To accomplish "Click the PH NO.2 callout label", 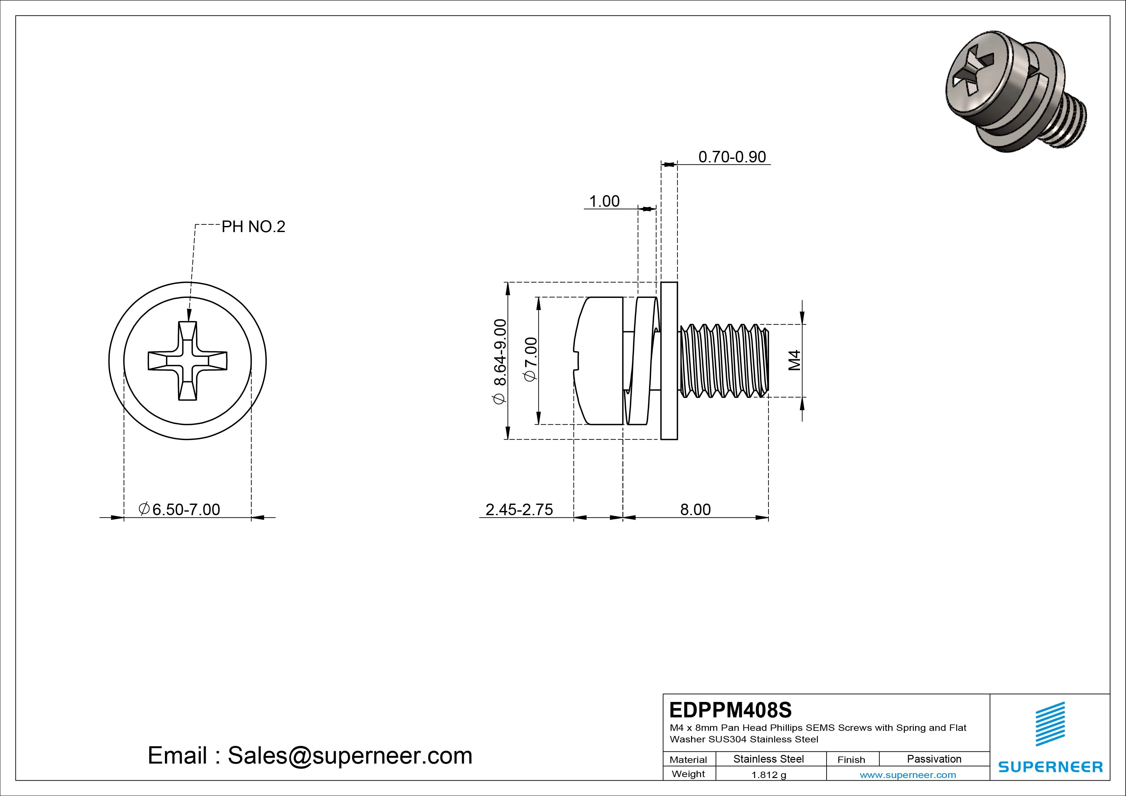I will coord(253,227).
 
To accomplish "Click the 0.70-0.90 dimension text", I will coord(732,157).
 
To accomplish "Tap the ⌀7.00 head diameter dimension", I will coord(531,359).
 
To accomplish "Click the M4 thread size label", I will coord(794,360).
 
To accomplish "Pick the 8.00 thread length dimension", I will coord(695,510).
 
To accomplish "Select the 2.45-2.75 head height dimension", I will coord(519,510).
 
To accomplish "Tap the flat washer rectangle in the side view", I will coord(669,361).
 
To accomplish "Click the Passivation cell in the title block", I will coord(934,759).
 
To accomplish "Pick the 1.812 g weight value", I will coord(768,775).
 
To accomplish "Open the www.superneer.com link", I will coord(908,775).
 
